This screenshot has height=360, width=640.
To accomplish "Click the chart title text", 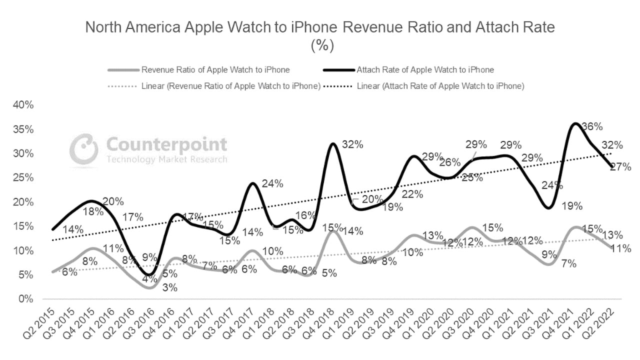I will (320, 27).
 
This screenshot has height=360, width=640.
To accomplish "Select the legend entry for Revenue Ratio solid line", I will (215, 70).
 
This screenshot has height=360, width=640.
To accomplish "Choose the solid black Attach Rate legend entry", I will (425, 70).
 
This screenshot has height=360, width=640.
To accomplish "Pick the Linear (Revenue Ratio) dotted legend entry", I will (230, 86).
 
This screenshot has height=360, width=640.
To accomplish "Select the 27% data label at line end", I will (620, 167).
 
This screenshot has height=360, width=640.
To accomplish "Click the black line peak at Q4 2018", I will (332, 143).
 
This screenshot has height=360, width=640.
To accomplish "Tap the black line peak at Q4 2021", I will (576, 123).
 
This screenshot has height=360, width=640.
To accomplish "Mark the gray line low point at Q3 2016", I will (151, 288).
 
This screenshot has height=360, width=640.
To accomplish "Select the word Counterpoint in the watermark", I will (166, 145).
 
